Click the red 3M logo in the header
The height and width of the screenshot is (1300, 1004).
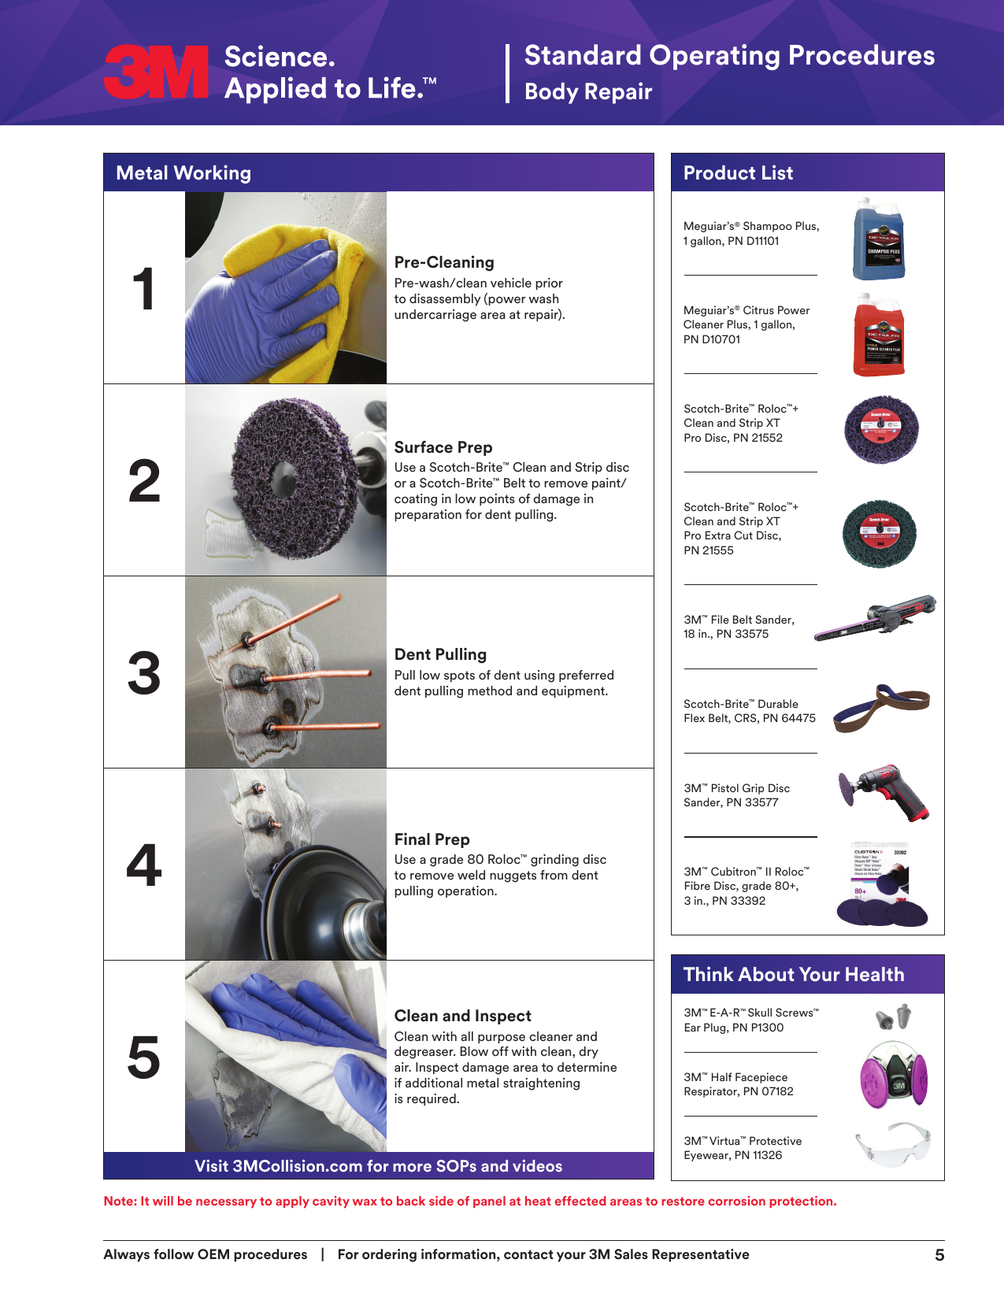(x=156, y=72)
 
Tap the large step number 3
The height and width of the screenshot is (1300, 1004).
(x=144, y=673)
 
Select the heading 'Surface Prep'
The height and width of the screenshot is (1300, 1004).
(x=443, y=447)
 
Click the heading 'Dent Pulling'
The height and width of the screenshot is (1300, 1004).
(x=439, y=654)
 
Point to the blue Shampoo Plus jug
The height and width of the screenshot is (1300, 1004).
(x=878, y=239)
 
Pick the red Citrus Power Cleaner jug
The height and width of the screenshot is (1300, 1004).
(x=878, y=335)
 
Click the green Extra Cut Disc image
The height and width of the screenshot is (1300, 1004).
(x=879, y=534)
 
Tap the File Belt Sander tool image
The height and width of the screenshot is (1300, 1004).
(x=875, y=617)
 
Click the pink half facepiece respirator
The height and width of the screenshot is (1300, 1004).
(x=894, y=1075)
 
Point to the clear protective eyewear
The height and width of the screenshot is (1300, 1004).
(x=893, y=1144)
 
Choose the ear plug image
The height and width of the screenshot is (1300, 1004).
(x=893, y=1017)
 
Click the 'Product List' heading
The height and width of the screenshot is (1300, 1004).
(x=738, y=173)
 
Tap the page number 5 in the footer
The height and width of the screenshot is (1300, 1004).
(x=939, y=1254)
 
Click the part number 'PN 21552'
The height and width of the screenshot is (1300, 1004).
(x=758, y=438)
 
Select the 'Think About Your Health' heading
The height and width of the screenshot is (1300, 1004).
(x=794, y=975)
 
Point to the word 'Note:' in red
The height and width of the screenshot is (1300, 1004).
(x=120, y=1202)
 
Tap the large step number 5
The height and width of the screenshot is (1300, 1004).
(x=144, y=1057)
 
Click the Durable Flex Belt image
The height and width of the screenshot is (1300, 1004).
(x=882, y=709)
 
